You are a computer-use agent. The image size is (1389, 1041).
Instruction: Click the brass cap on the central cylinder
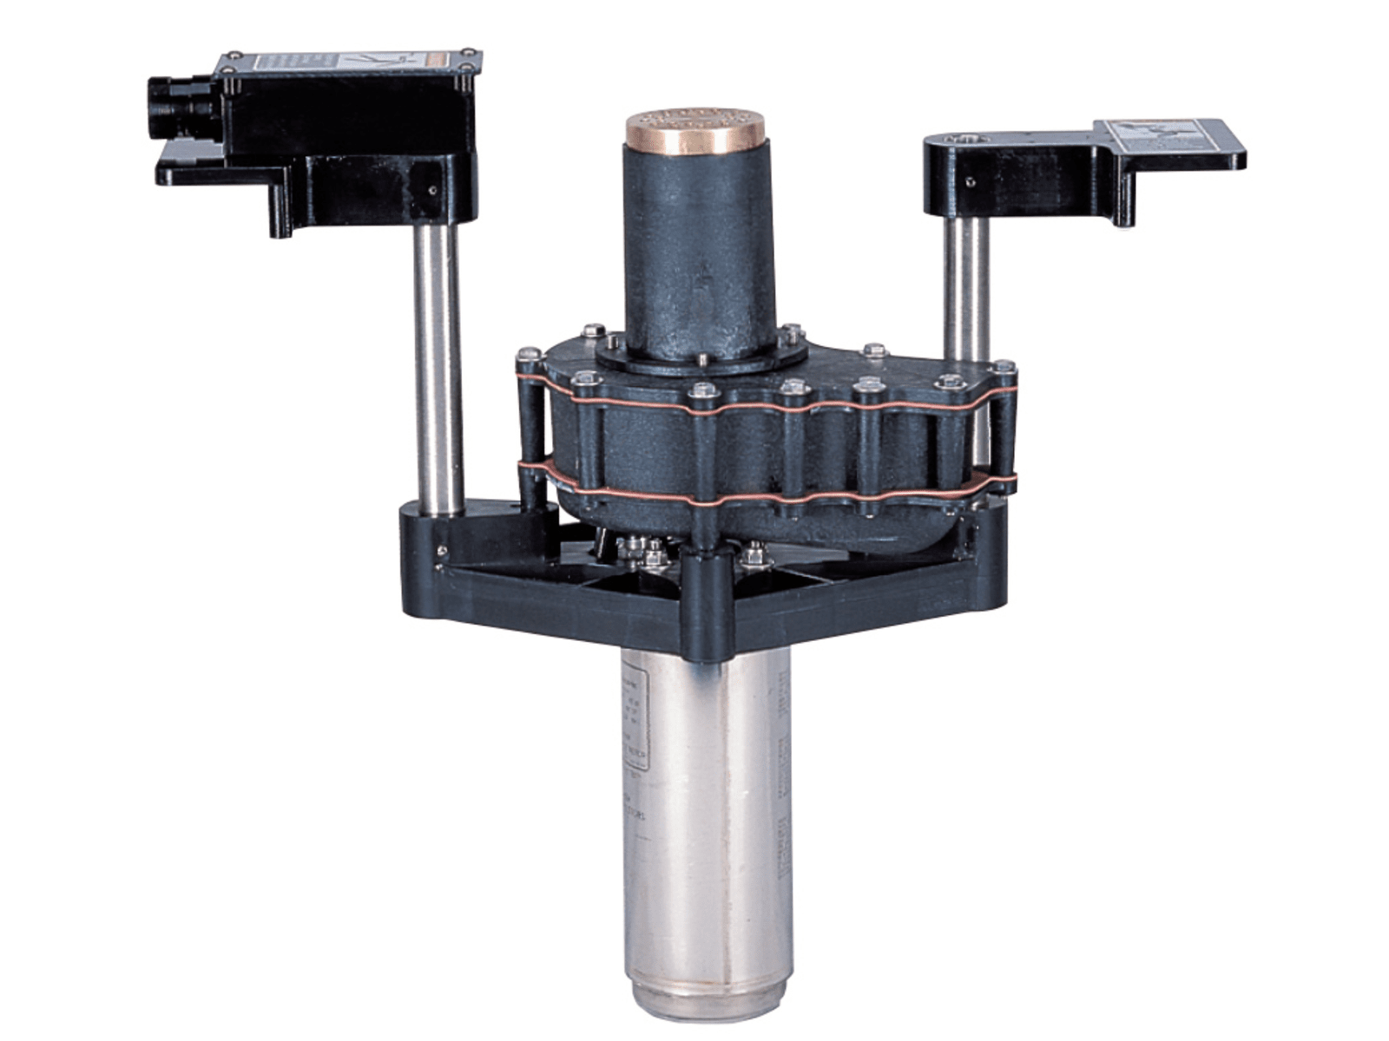pyautogui.click(x=695, y=131)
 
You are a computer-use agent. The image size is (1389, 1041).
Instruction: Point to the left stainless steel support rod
pyautogui.click(x=438, y=364)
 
